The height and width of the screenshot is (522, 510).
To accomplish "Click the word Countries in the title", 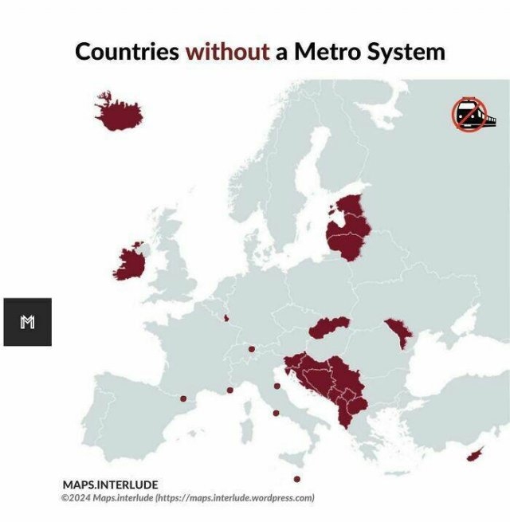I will pos(127,52).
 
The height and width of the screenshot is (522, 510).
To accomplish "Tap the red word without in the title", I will pos(227,52).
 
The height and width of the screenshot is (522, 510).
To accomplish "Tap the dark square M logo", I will pos(27,322).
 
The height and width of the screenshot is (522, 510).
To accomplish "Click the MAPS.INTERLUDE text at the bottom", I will pos(110,485).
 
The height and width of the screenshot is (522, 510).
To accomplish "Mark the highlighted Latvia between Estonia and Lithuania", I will pos(351,225).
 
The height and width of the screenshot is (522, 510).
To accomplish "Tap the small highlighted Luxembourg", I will pos(226,319).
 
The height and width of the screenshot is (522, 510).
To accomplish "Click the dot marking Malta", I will pos(296,479).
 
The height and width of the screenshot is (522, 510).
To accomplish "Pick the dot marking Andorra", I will pos(183,398).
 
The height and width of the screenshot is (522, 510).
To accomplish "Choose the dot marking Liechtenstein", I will pos(251,349).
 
